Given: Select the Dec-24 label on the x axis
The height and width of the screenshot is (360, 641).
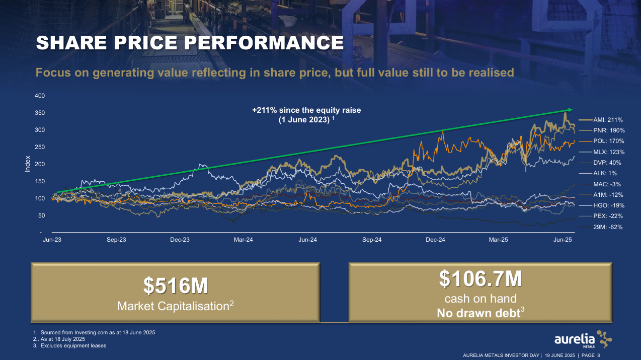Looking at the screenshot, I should (x=435, y=240).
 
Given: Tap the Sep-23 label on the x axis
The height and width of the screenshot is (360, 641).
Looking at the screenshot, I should (x=116, y=240).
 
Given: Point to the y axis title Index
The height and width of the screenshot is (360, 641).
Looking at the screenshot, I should (x=28, y=165).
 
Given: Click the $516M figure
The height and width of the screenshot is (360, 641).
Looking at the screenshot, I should (x=176, y=286).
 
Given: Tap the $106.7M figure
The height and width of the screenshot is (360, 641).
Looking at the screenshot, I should (x=480, y=277).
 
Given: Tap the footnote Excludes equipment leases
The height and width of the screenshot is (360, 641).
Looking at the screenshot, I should (x=73, y=346).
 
